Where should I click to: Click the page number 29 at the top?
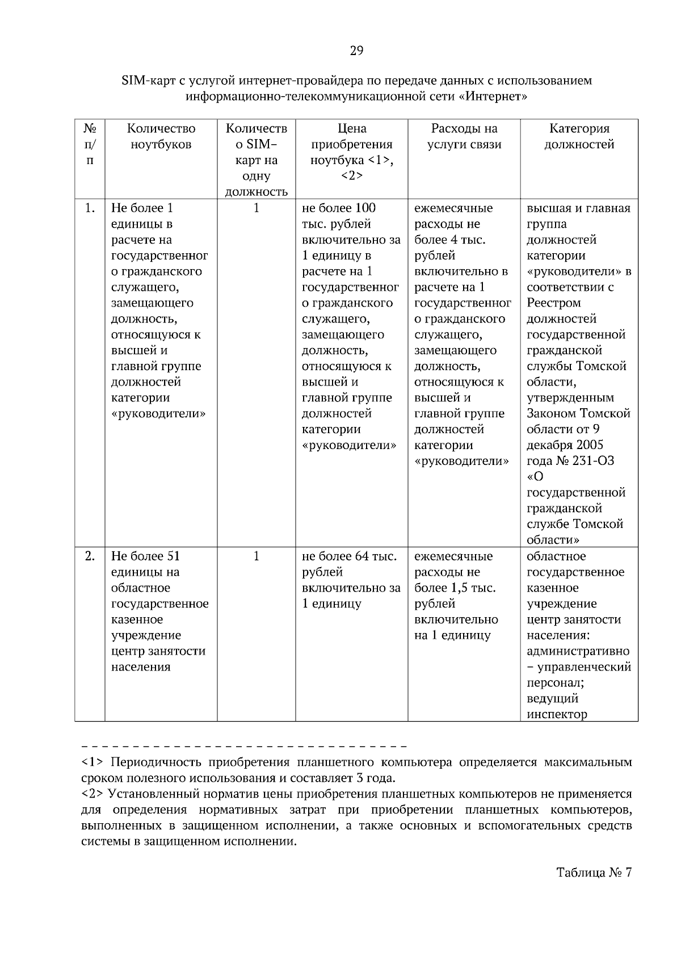(356, 52)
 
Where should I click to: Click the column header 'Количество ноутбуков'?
(161, 136)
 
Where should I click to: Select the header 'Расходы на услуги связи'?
(464, 136)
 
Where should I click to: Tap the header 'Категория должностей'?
(579, 136)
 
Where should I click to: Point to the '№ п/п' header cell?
(90, 144)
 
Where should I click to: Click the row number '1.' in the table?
(90, 208)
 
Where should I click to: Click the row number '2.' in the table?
(90, 556)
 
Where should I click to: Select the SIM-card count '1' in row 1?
(256, 208)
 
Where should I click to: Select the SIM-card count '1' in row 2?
(256, 556)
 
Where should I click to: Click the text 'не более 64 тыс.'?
(349, 556)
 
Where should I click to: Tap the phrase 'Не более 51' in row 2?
(145, 556)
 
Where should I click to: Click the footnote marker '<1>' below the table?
(91, 762)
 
